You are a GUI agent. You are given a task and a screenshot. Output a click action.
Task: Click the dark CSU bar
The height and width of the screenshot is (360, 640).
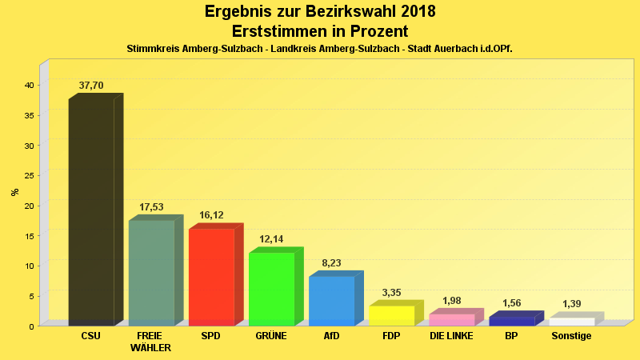point(91,212)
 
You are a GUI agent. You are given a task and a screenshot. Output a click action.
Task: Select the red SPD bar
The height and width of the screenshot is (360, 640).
point(211,277)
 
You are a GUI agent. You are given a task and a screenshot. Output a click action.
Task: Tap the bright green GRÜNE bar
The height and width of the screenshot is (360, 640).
point(271,289)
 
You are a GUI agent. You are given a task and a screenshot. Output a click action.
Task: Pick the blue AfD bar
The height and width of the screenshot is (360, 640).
point(331,301)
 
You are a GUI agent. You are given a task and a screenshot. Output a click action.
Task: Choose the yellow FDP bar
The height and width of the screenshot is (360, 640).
point(391,315)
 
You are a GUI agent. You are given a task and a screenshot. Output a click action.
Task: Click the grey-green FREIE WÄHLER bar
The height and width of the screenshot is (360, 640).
point(151,273)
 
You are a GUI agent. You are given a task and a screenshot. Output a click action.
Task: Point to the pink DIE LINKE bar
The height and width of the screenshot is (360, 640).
point(451,320)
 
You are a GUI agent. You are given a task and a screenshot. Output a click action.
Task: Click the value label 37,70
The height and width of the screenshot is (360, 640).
point(91,86)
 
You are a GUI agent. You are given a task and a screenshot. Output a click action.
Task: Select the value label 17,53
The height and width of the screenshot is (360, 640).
point(151,207)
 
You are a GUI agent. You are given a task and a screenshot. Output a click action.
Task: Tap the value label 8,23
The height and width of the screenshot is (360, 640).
point(331,263)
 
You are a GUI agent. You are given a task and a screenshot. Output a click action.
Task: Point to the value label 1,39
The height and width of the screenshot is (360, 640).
point(571,304)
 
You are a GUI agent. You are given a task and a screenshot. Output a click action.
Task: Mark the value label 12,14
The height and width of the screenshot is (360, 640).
point(271,239)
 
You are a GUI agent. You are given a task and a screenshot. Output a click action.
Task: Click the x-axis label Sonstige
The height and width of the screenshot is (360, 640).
point(571,336)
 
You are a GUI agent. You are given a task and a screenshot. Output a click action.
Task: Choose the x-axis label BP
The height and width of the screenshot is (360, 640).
point(511,336)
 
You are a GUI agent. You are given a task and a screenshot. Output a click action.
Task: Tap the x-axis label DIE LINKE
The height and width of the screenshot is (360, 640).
point(451,336)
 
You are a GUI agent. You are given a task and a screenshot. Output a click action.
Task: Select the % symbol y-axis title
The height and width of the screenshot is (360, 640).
point(14,192)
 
